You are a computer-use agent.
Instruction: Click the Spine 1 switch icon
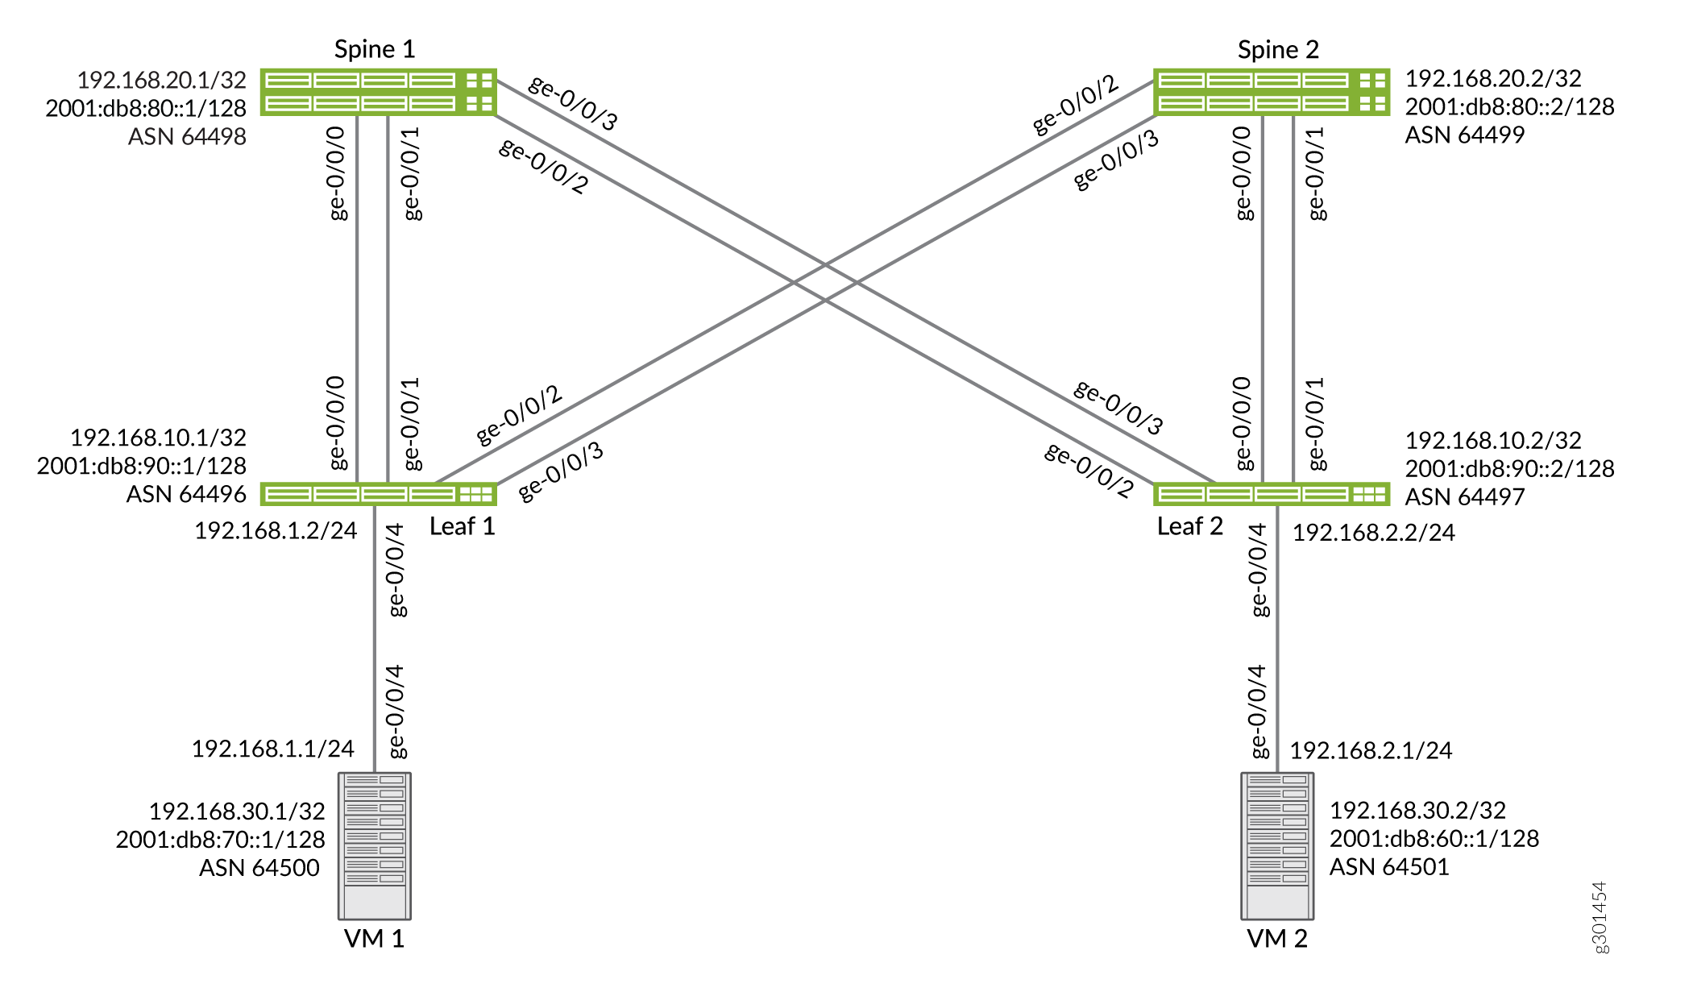coord(378,92)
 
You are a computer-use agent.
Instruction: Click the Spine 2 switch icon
coord(1272,92)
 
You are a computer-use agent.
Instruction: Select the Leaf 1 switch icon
coord(378,494)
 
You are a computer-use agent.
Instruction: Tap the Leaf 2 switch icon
coord(1272,494)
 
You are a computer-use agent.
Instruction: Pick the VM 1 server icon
coord(375,846)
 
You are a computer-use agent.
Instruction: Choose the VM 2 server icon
coord(1277,846)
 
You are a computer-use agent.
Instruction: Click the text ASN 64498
coord(187,136)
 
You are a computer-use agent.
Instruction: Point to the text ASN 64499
coord(1465,135)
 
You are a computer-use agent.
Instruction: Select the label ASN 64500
coord(259,868)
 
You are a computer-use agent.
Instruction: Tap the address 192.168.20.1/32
coord(162,80)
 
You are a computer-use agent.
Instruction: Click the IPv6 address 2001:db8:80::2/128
coord(1510,106)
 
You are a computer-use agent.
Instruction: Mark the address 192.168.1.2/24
coord(276,530)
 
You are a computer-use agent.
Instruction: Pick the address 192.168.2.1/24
coord(1371,750)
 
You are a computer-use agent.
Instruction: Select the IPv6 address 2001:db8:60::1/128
coord(1434,839)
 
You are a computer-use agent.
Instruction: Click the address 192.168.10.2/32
coord(1493,440)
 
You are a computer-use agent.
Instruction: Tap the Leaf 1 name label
coord(463,526)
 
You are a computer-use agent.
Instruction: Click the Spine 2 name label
coord(1279,50)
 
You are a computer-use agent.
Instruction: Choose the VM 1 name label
coord(374,939)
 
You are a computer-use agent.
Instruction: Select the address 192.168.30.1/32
coord(237,811)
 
